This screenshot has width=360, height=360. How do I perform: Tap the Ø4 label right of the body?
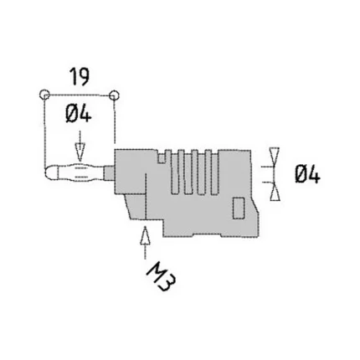(307, 174)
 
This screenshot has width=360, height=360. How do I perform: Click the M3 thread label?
(159, 275)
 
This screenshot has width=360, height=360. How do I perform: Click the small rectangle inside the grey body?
(238, 205)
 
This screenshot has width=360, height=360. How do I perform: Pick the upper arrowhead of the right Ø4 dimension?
(276, 157)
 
